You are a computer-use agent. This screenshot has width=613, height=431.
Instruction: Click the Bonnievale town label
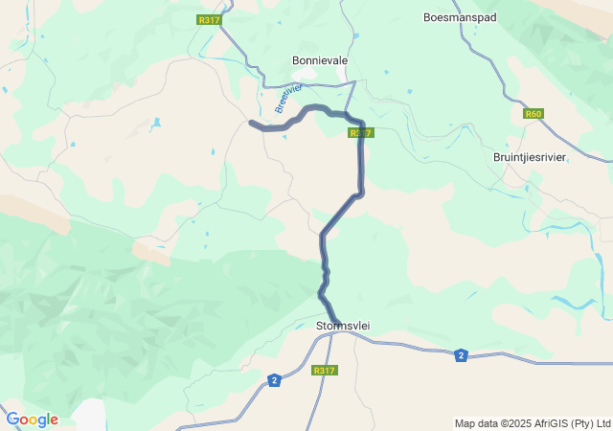tap(319, 59)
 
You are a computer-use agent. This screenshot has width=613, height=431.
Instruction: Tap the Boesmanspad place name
tap(460, 17)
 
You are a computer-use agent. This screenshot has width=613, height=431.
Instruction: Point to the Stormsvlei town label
tap(342, 327)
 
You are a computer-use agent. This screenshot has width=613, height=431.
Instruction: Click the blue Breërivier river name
tap(287, 99)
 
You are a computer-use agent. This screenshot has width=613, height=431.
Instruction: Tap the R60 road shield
tap(534, 114)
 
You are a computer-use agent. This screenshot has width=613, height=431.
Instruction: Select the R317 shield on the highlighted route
tap(360, 133)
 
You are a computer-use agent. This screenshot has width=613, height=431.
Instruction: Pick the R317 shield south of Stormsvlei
tap(325, 371)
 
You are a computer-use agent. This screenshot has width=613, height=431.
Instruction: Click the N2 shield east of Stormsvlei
tap(462, 355)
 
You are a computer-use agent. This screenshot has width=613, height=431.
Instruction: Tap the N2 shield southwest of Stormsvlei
tap(275, 380)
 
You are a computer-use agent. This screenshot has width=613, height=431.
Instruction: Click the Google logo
tap(32, 420)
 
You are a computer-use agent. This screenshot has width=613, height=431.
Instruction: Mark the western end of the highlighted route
tap(252, 123)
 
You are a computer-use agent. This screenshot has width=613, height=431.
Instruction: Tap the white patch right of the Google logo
tap(89, 416)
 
